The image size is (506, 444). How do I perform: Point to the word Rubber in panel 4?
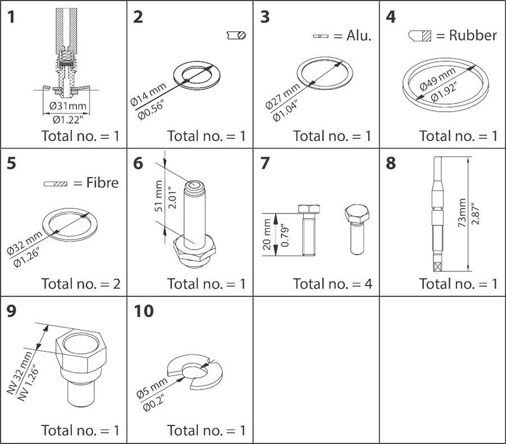tap(473, 35)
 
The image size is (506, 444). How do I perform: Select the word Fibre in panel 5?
tap(102, 183)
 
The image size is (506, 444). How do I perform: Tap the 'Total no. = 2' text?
tap(80, 283)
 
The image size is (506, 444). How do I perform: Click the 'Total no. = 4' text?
tap(332, 283)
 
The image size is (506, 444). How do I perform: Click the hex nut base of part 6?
tap(195, 248)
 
